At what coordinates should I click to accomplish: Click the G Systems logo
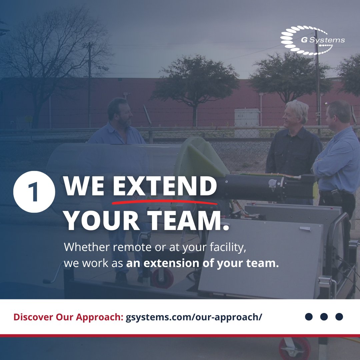[x=312, y=40]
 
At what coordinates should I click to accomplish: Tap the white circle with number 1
[x=34, y=191]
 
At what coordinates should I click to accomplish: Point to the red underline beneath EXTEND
[x=165, y=201]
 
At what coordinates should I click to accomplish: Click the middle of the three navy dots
[x=324, y=317]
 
